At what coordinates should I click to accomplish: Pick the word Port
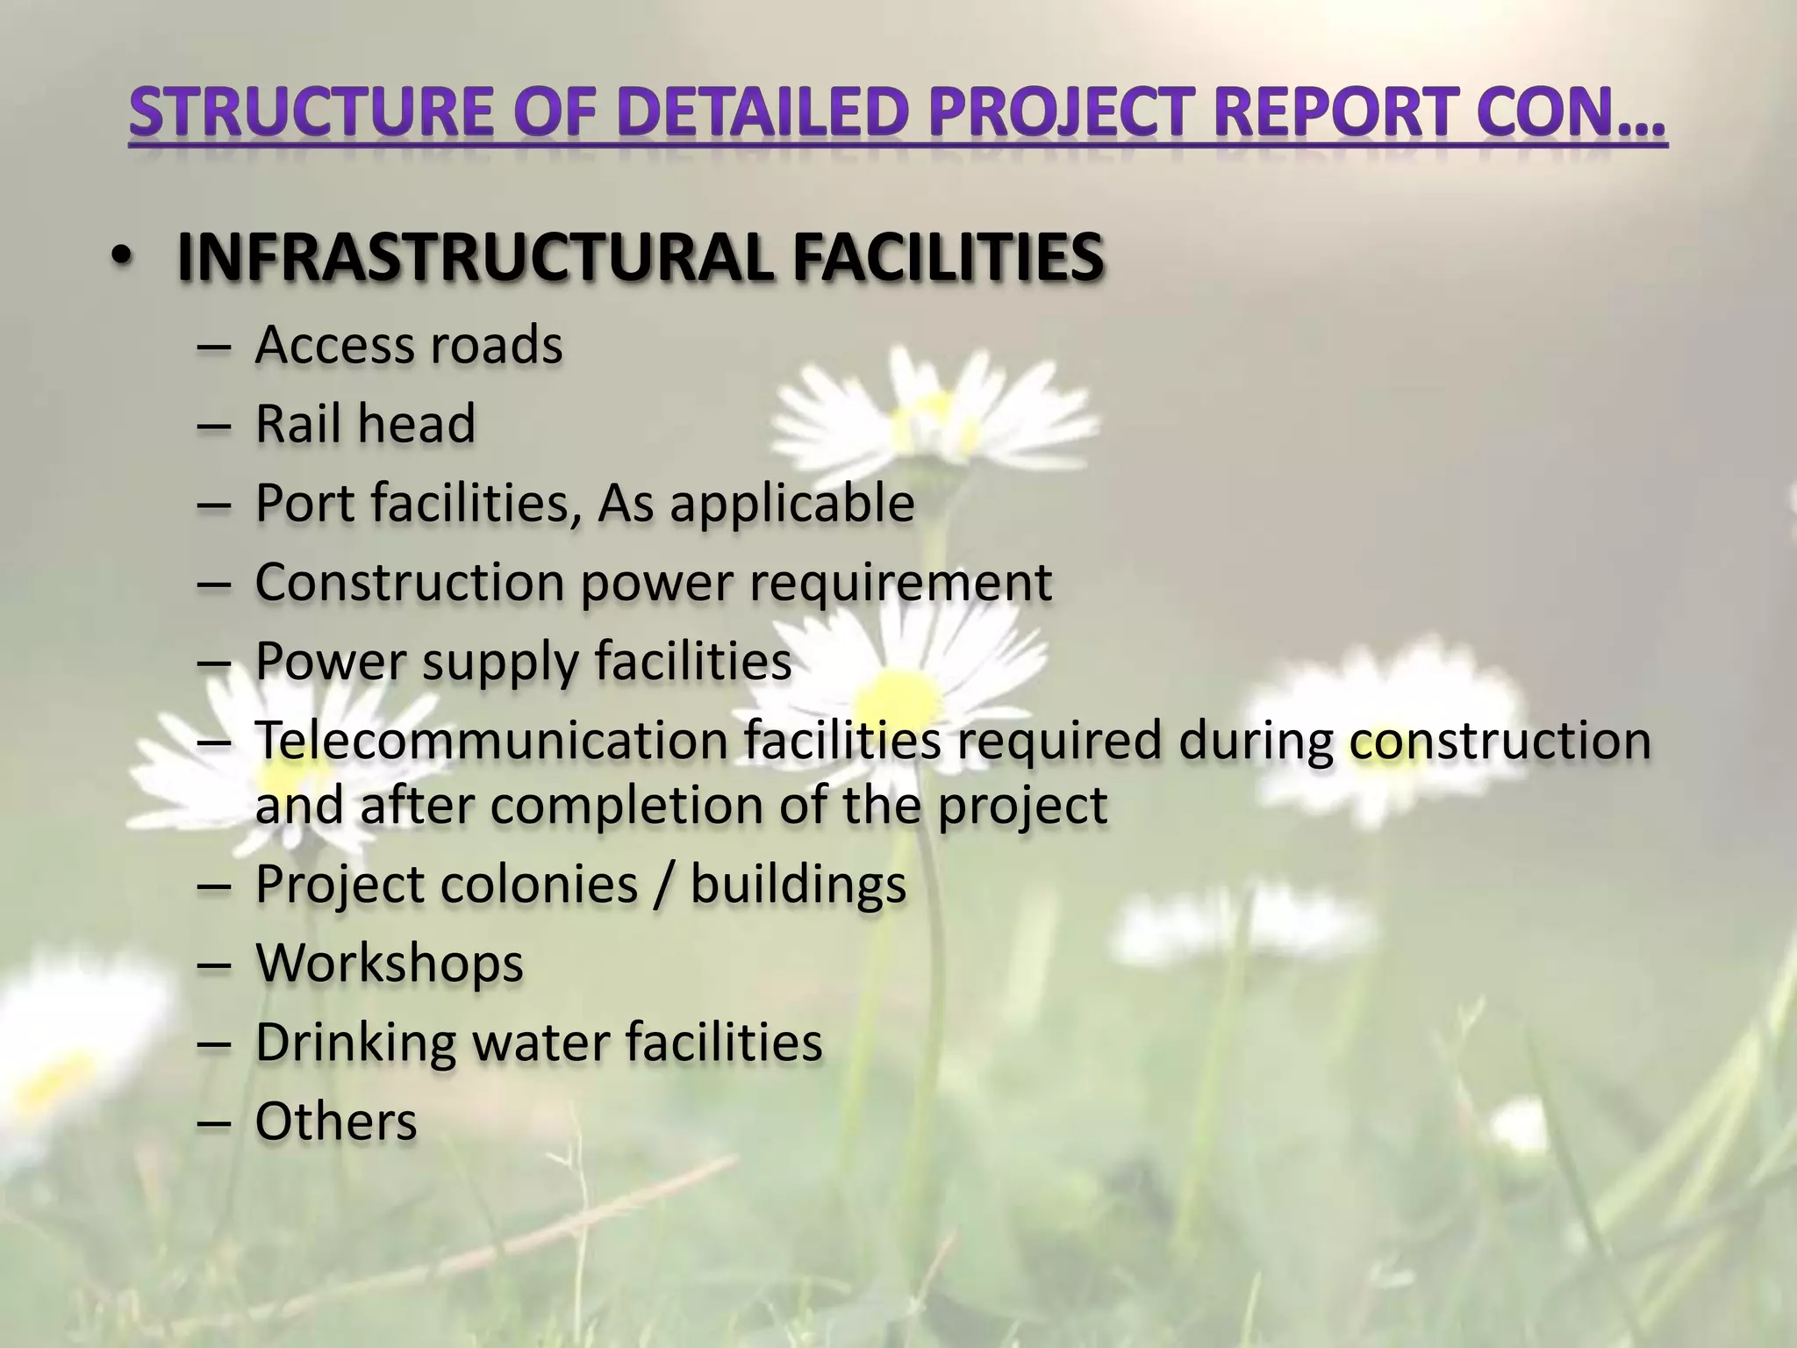pyautogui.click(x=304, y=503)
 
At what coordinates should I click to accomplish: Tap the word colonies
pyautogui.click(x=539, y=884)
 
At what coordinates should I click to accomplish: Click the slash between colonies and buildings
pyautogui.click(x=664, y=884)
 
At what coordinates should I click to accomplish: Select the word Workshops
pyautogui.click(x=390, y=963)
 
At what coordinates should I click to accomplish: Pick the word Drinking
pyautogui.click(x=355, y=1043)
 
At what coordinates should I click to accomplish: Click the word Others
pyautogui.click(x=336, y=1121)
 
